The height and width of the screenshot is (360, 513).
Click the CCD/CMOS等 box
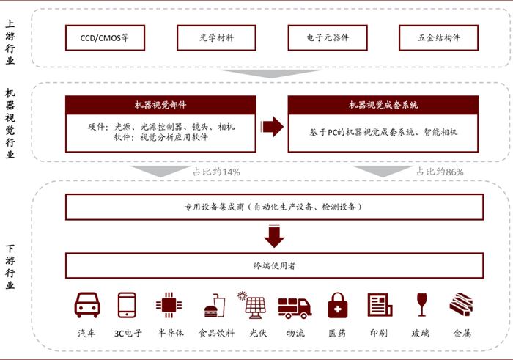click(104, 37)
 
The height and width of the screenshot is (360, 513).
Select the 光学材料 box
click(216, 37)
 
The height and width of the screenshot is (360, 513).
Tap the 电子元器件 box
click(328, 37)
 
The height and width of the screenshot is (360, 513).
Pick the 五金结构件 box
click(439, 37)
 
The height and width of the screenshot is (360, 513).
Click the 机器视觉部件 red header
click(160, 105)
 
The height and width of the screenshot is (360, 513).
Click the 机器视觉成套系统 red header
click(383, 105)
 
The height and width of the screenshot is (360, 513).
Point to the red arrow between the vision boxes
click(273, 126)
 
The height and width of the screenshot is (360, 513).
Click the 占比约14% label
click(216, 172)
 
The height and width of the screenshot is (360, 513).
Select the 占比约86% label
click(440, 172)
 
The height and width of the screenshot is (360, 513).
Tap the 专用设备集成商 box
click(273, 207)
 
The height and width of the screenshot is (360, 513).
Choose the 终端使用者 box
click(273, 265)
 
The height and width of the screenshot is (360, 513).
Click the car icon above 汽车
click(87, 305)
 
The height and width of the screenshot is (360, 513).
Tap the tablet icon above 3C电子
click(127, 305)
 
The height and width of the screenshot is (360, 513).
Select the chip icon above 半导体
click(167, 305)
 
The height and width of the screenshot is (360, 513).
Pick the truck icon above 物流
click(296, 306)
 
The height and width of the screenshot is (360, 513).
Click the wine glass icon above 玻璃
click(421, 305)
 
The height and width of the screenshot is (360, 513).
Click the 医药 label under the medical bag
click(336, 333)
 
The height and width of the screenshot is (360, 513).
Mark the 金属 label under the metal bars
click(462, 333)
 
